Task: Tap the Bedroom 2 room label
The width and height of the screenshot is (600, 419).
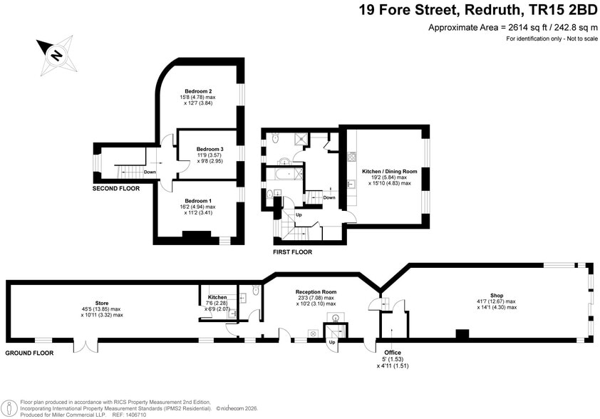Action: tap(199, 91)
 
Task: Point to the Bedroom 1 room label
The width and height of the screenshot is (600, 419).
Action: tap(199, 201)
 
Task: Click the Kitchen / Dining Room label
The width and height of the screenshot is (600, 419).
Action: tap(390, 171)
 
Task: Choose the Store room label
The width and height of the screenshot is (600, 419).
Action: tap(102, 303)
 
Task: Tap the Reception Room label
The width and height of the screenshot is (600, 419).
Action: tap(316, 292)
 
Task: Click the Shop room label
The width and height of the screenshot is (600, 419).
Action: tap(497, 296)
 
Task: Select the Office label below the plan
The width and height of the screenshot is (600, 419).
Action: tap(393, 353)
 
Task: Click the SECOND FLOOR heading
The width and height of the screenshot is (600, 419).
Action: tap(115, 189)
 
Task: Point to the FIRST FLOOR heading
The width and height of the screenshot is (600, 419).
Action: tap(292, 252)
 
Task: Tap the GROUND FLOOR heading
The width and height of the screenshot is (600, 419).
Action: tap(29, 353)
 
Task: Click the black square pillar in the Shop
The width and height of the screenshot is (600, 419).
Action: tap(462, 334)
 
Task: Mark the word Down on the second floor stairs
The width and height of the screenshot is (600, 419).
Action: tap(150, 172)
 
